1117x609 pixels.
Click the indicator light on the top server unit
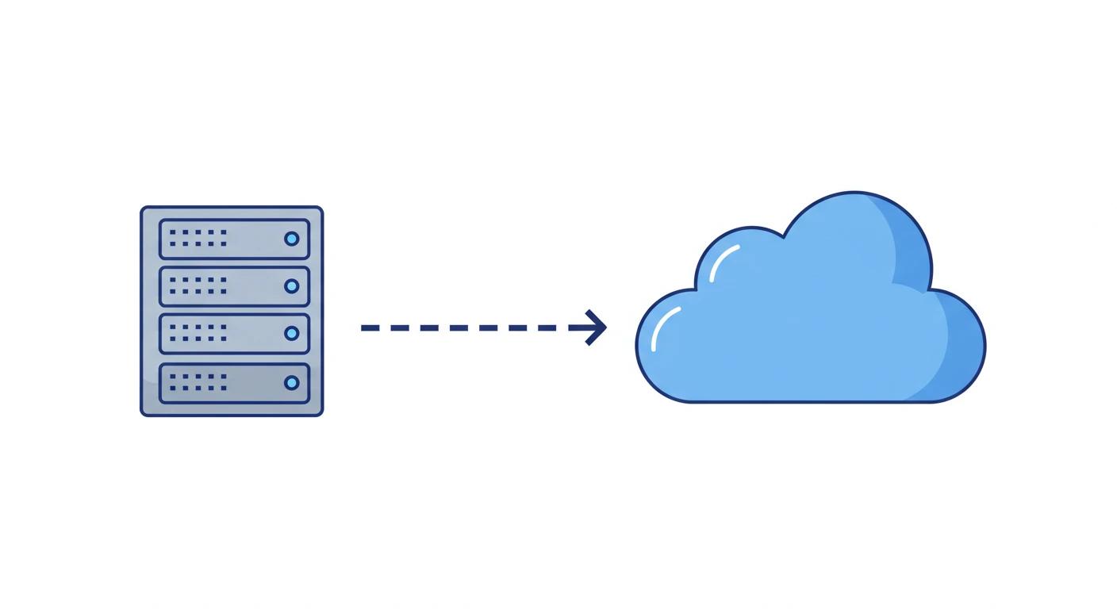coord(292,239)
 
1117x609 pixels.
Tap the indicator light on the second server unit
coord(292,286)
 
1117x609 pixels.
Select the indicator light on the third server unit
coord(292,334)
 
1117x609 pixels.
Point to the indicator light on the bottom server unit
coord(292,383)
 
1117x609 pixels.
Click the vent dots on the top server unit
coord(198,238)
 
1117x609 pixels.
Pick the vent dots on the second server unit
coord(198,285)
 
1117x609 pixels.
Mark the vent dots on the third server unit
coord(198,333)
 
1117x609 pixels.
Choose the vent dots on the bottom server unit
coord(198,382)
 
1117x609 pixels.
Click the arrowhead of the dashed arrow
coord(596,327)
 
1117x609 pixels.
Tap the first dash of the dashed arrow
coord(370,327)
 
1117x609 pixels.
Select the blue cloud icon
coord(809,317)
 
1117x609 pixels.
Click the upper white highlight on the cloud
coord(723,262)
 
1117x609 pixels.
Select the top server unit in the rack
coord(234,239)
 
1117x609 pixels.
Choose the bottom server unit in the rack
coord(234,383)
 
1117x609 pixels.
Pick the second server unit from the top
coord(234,286)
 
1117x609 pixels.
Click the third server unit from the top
coord(234,334)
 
